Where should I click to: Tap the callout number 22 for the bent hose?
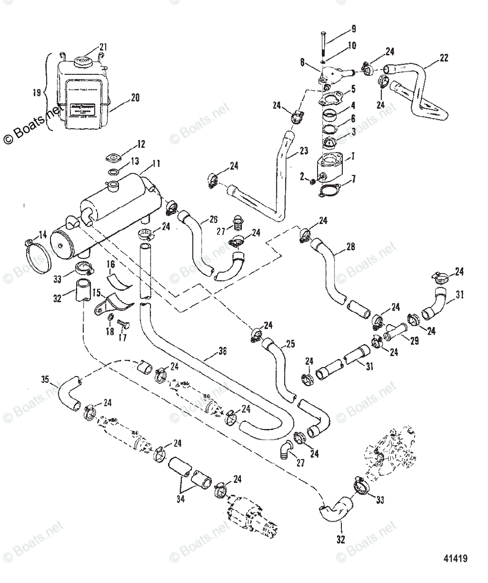tap(443, 58)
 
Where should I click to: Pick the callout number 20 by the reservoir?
tap(134, 97)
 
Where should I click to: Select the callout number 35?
tap(45, 379)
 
